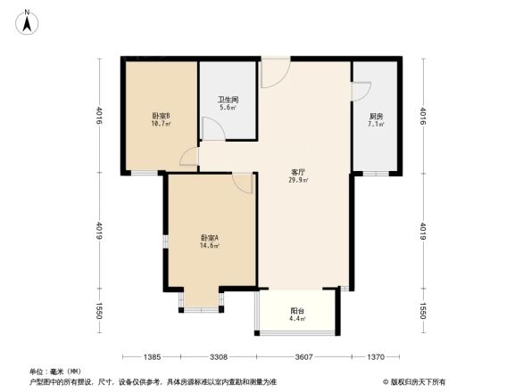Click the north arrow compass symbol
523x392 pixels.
tap(28, 20)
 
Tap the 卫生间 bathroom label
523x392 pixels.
tap(228, 100)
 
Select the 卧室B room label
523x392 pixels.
tap(161, 116)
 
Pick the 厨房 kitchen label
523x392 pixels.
tap(377, 117)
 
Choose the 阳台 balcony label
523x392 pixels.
tap(297, 310)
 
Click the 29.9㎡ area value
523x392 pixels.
tap(298, 181)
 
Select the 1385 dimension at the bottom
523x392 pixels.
tap(152, 356)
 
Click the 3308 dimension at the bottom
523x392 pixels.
tap(219, 356)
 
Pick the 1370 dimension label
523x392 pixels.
tap(376, 356)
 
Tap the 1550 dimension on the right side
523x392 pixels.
tap(422, 311)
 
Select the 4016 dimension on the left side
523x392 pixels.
tap(99, 117)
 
